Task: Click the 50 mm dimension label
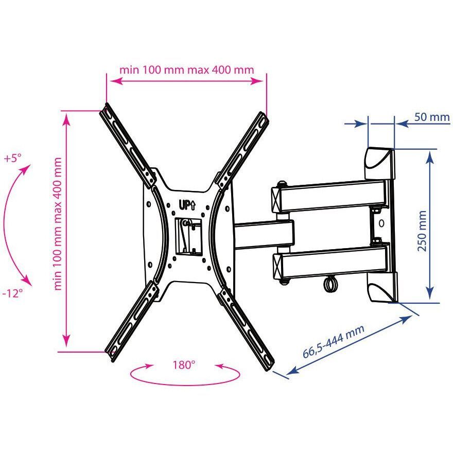(x=432, y=117)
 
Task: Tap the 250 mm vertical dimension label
(x=422, y=231)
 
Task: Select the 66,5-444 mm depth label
(x=334, y=341)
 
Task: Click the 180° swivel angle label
(x=184, y=365)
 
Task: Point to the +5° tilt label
(x=13, y=158)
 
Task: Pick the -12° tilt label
(x=12, y=293)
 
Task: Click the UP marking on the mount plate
(x=187, y=205)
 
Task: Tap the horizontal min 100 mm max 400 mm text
(x=187, y=69)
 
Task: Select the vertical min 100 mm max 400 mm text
(x=58, y=224)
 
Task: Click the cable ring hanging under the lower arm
(x=329, y=284)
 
